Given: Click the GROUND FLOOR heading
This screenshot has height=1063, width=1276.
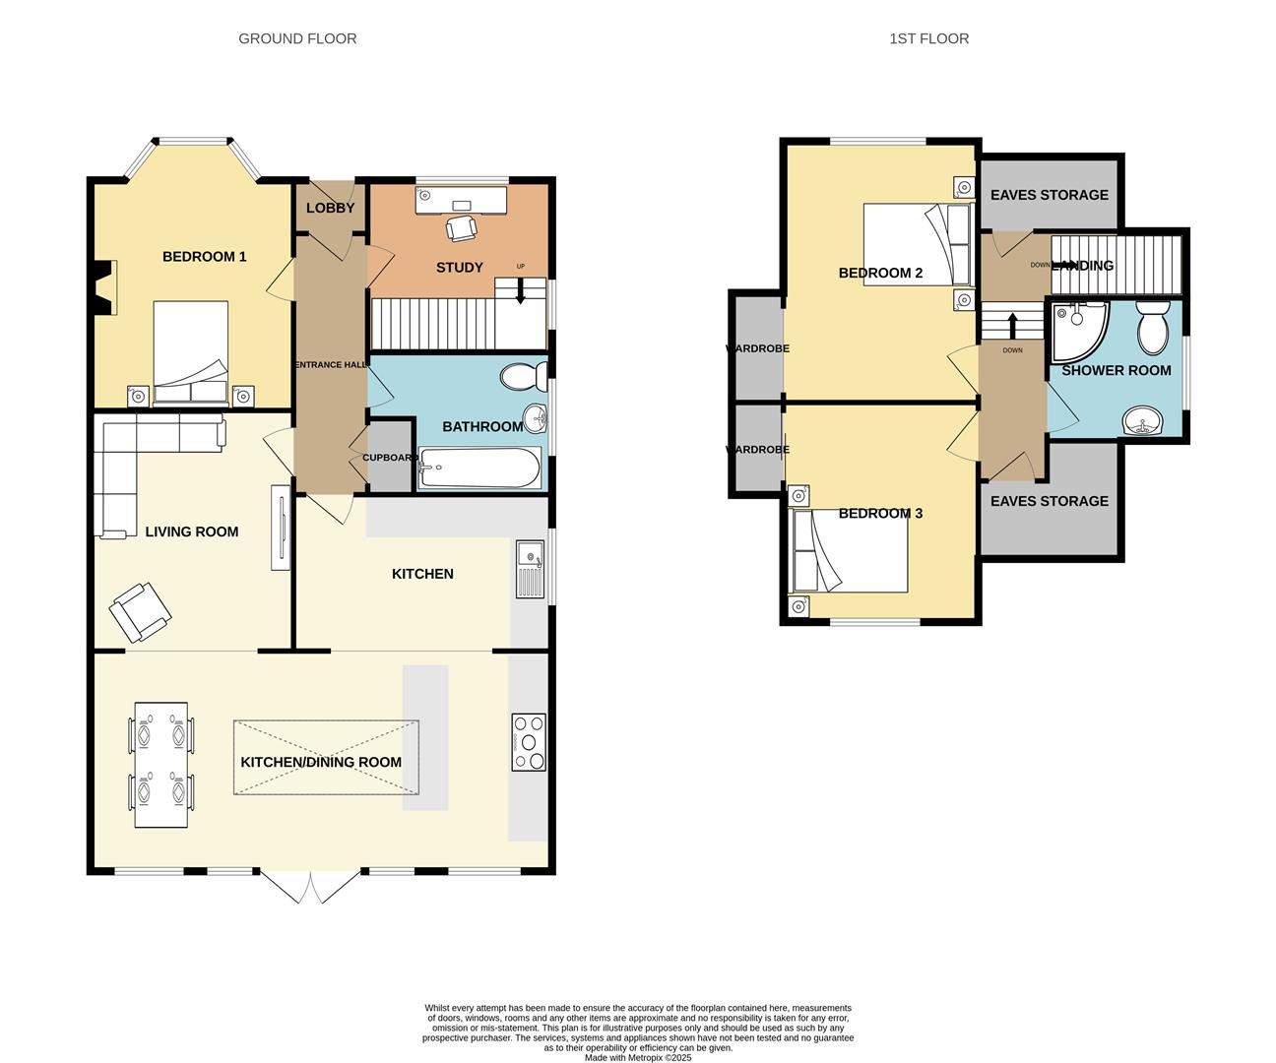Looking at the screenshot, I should point(297,38).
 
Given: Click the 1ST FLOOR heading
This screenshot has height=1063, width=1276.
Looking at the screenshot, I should point(928,38).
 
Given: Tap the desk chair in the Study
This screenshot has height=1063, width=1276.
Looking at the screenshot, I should point(462,227).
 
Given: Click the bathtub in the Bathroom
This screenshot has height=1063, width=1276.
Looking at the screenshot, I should point(479,469).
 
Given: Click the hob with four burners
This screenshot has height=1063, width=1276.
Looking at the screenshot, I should point(529,742).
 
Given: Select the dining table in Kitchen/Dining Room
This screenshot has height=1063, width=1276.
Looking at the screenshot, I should point(161,764).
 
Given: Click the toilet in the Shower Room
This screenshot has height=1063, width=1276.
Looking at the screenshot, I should point(1152,329).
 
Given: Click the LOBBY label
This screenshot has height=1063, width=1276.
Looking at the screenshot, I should point(330,208).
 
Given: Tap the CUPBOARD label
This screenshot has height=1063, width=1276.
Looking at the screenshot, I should point(390,458).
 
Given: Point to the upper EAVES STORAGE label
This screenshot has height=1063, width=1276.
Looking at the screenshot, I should point(1049,195).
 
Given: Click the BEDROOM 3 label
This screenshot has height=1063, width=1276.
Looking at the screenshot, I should point(880,513).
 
